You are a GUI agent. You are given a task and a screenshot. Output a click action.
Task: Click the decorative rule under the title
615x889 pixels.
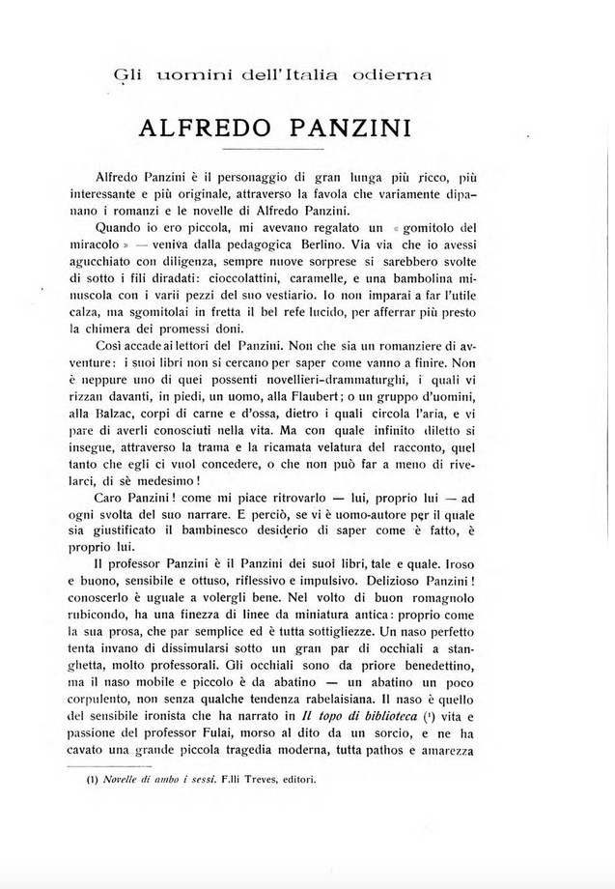coord(273,152)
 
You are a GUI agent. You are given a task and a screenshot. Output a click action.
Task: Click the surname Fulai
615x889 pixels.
coord(238,769)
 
